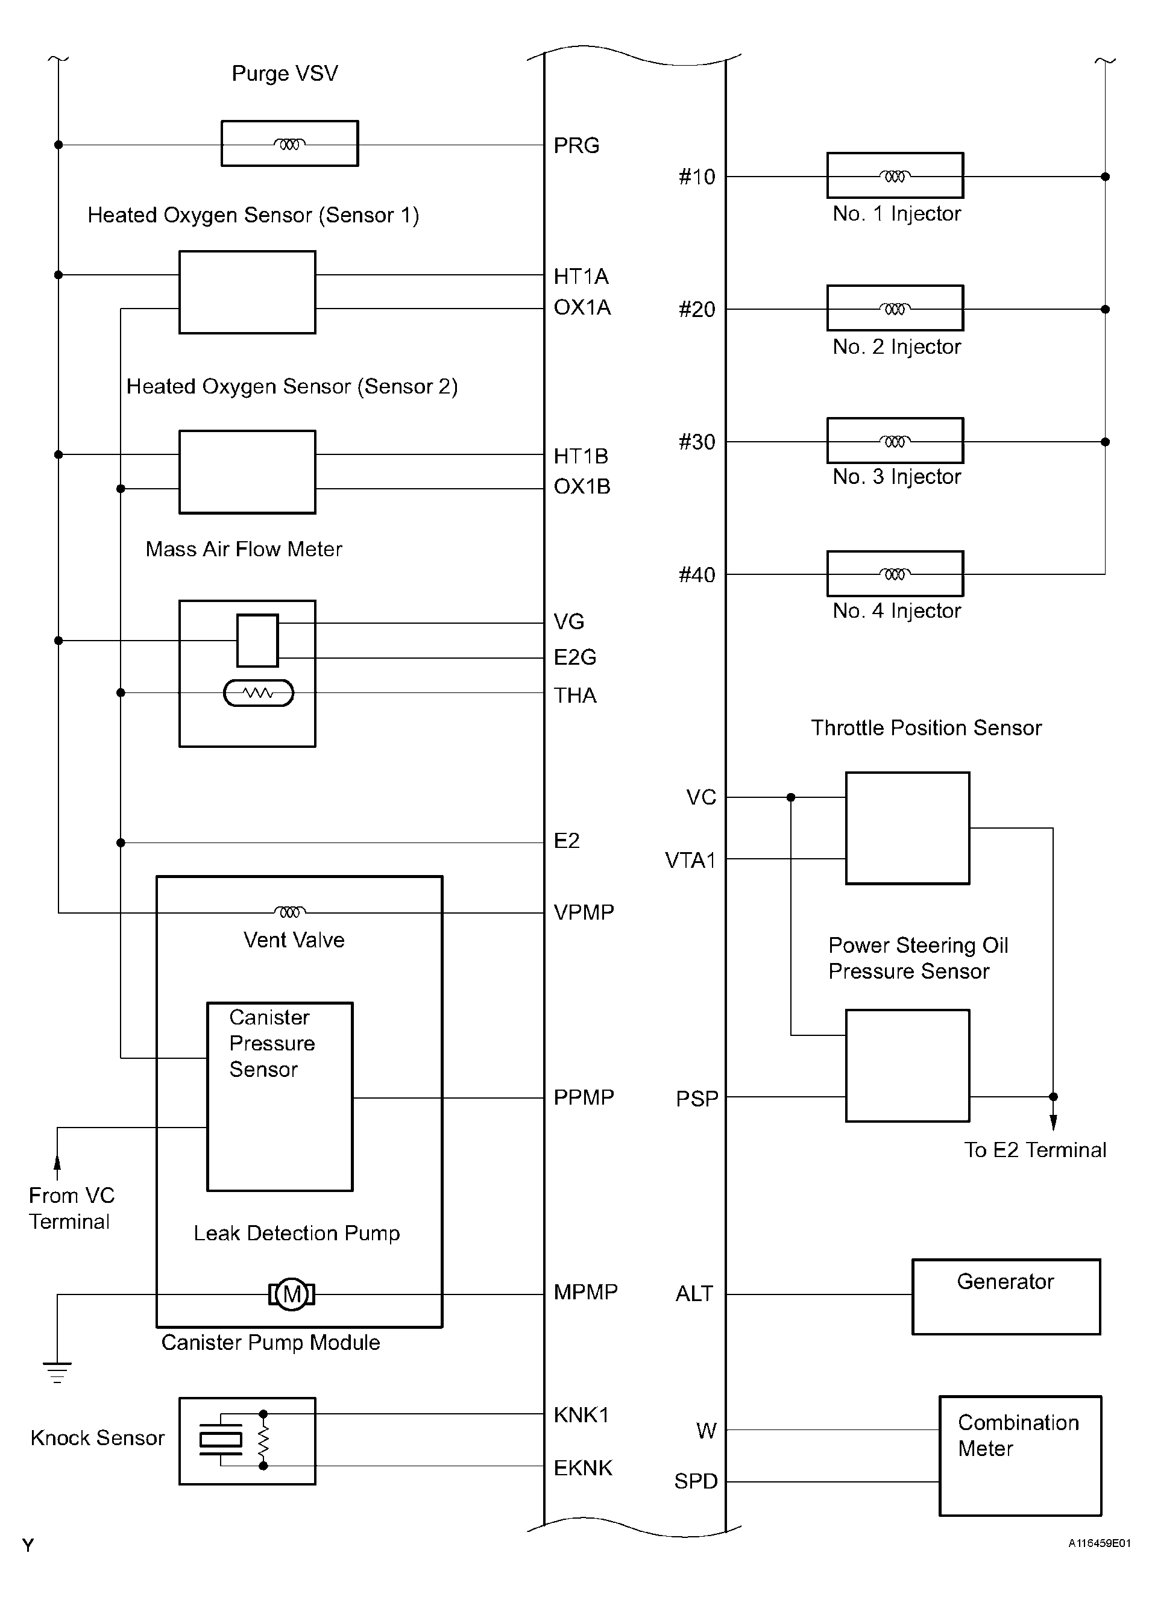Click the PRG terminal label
(x=576, y=145)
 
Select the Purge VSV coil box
(x=289, y=143)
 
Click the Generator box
(x=1006, y=1296)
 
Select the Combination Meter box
(x=1019, y=1455)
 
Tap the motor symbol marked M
(x=292, y=1294)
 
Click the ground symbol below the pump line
(x=57, y=1372)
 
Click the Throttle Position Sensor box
(x=907, y=828)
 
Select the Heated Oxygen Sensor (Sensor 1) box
(x=247, y=292)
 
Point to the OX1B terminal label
(x=582, y=486)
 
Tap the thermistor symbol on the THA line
(x=259, y=693)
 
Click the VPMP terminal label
(x=584, y=912)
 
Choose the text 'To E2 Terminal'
(x=1034, y=1150)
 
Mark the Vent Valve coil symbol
(x=289, y=912)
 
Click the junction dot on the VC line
(x=791, y=797)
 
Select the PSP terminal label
(x=696, y=1099)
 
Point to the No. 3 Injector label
(x=896, y=477)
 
